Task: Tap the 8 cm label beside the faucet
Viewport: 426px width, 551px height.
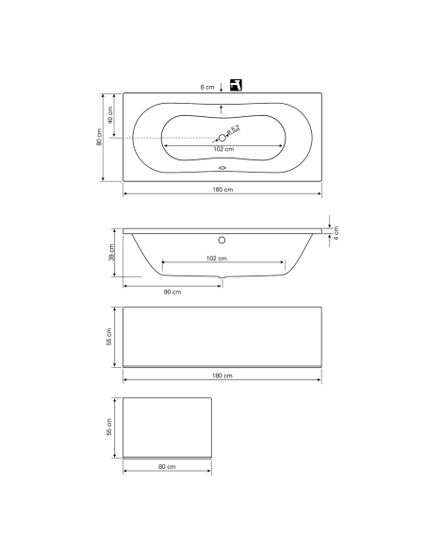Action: pyautogui.click(x=207, y=86)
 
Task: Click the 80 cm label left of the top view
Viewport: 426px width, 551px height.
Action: pyautogui.click(x=98, y=138)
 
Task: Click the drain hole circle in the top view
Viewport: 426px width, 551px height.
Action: pyautogui.click(x=222, y=138)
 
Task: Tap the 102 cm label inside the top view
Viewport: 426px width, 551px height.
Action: pyautogui.click(x=222, y=149)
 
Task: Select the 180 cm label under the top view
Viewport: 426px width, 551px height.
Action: pyautogui.click(x=222, y=191)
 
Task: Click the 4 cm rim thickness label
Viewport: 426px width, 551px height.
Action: pyautogui.click(x=336, y=233)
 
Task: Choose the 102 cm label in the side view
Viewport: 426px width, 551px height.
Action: pyautogui.click(x=217, y=258)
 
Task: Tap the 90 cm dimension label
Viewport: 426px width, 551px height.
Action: pyautogui.click(x=172, y=292)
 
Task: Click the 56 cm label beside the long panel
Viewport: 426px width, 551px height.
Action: pyautogui.click(x=110, y=337)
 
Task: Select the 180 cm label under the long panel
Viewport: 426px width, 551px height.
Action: pyautogui.click(x=222, y=376)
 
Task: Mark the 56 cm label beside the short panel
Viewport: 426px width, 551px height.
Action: pyautogui.click(x=110, y=426)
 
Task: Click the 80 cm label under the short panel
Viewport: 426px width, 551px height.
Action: pyautogui.click(x=168, y=466)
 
